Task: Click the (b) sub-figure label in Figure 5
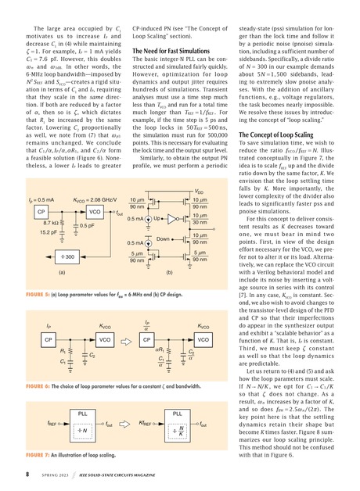click(x=169, y=271)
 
